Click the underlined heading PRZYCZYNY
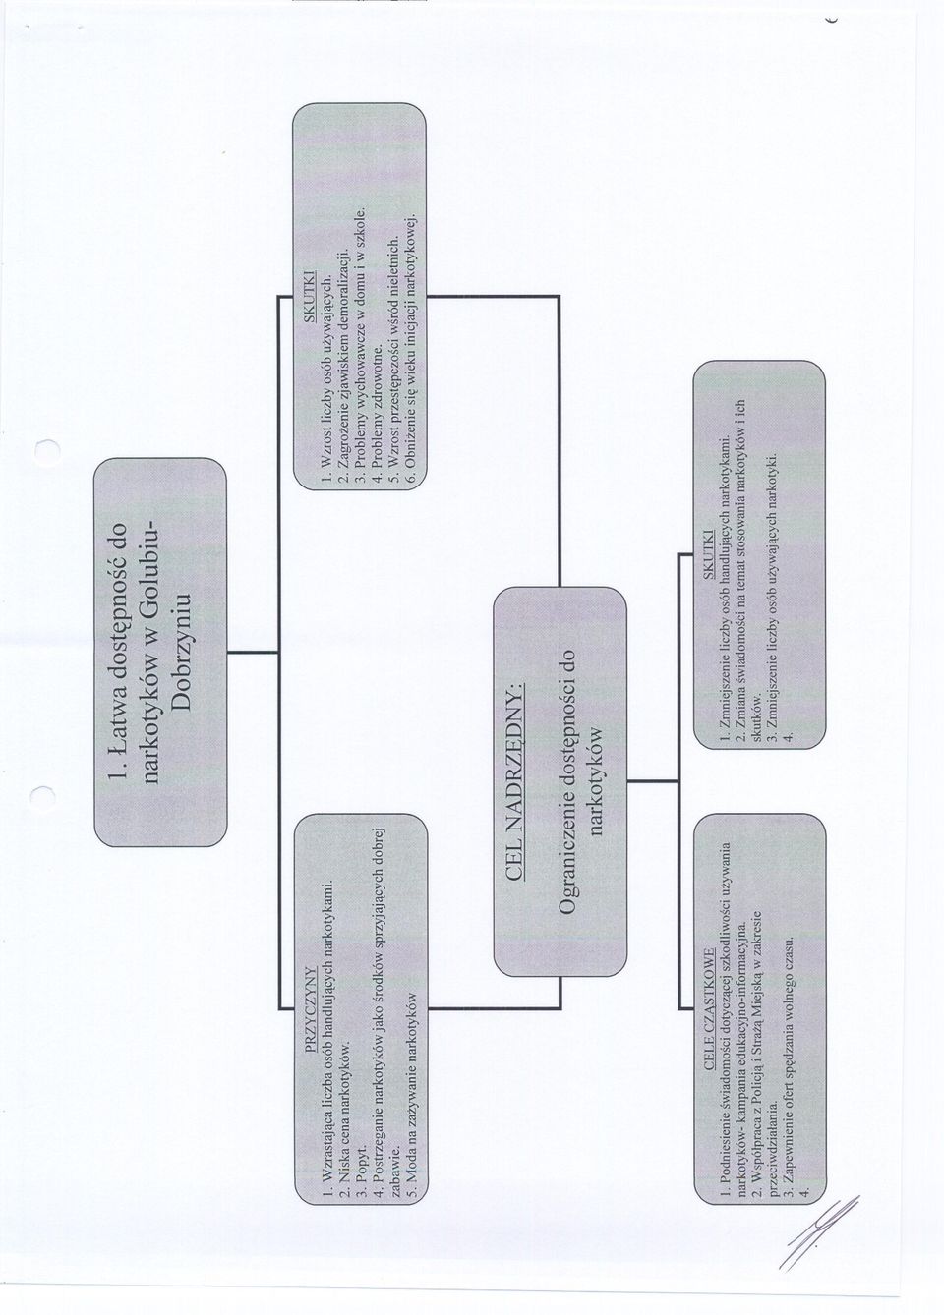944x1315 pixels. [x=313, y=1003]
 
